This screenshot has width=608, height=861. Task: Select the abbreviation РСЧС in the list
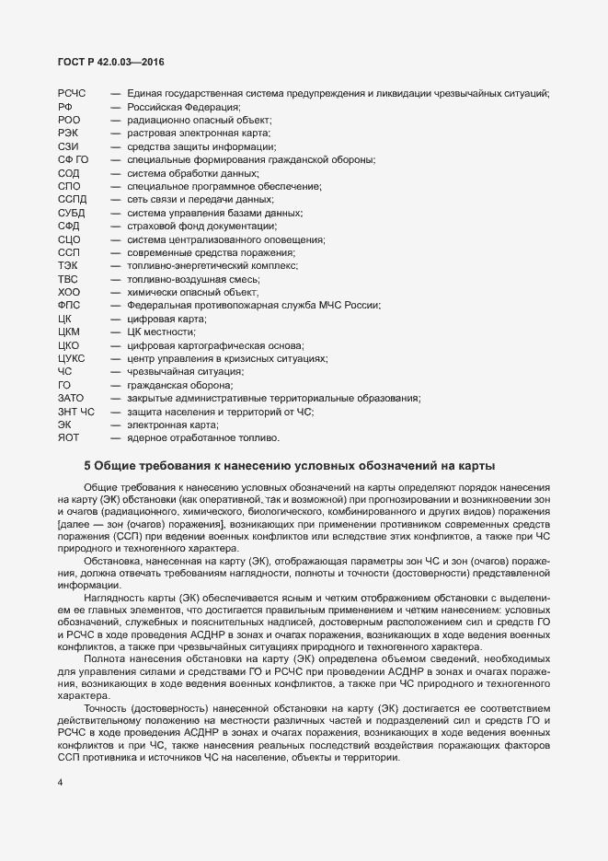[x=71, y=94]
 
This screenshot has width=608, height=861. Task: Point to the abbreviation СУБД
[x=71, y=213]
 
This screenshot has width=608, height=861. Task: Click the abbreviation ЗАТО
[x=71, y=398]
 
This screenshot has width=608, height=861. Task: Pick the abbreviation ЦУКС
[x=72, y=358]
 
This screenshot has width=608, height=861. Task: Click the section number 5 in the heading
[x=87, y=465]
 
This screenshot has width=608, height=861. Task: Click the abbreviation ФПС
[x=69, y=306]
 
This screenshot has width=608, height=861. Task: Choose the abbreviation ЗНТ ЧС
[x=76, y=412]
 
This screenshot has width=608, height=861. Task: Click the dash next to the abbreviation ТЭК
[x=116, y=265]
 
